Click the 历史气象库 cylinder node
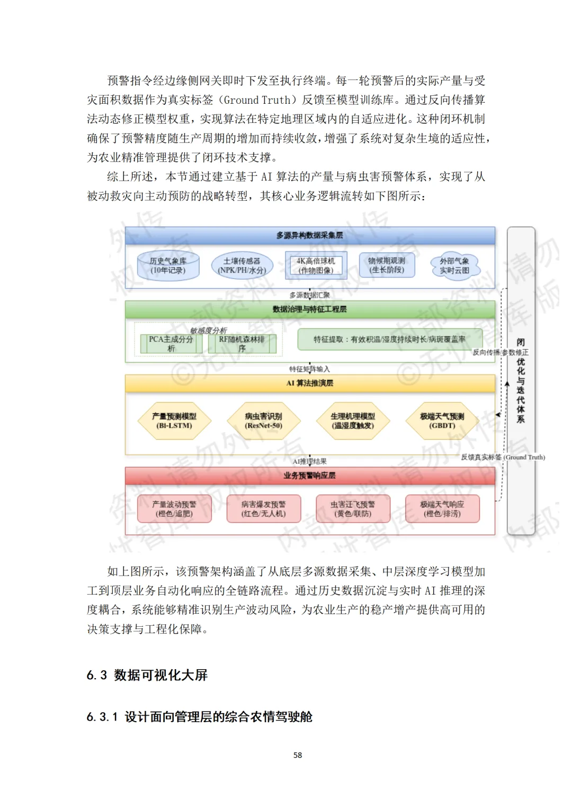168,266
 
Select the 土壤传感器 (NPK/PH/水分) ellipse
242,266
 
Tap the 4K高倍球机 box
316,265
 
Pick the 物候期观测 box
387,265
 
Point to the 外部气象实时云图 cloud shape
454,266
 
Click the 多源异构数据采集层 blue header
310,235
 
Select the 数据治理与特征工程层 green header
310,309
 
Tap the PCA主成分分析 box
171,344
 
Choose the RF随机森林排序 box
242,344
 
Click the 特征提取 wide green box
390,339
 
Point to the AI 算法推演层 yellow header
310,383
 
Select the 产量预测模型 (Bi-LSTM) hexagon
174,421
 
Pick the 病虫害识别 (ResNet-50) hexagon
264,421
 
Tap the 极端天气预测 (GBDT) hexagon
442,421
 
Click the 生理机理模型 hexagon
353,421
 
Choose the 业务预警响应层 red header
310,475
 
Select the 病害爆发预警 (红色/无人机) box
264,509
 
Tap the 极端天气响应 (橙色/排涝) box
442,509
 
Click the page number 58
298,755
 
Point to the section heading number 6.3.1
102,717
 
